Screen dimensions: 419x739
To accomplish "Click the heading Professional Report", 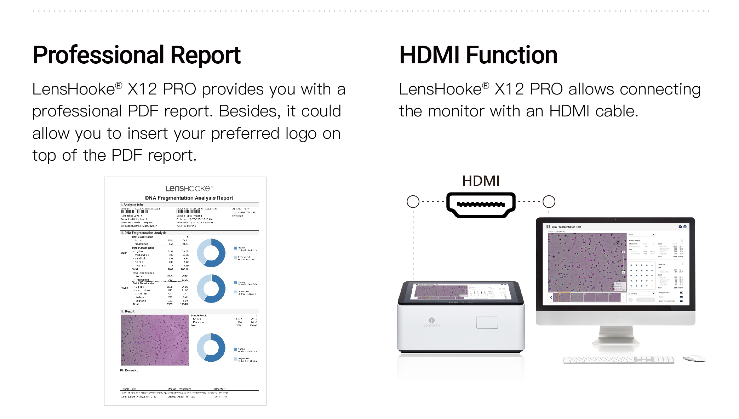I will click(x=136, y=56).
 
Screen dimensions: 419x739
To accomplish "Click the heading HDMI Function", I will click(x=478, y=56).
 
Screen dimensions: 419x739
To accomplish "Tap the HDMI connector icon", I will click(x=481, y=205).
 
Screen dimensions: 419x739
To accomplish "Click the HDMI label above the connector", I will click(x=481, y=181).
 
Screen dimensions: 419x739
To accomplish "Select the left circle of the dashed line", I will click(x=413, y=202).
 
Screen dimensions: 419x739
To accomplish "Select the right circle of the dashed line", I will click(x=549, y=202).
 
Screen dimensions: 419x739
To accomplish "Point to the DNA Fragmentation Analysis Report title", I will click(x=189, y=198).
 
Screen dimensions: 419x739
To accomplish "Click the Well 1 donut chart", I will click(x=211, y=253).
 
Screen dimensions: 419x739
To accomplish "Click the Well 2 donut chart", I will click(x=211, y=288).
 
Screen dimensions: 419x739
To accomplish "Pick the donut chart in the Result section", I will click(x=211, y=347).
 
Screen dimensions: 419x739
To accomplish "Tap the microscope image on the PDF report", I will click(x=154, y=340).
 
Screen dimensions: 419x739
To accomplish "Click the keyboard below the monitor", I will click(x=618, y=360).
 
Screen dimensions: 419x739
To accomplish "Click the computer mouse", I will click(x=694, y=358).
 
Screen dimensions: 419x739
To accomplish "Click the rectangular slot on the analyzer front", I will click(x=487, y=322).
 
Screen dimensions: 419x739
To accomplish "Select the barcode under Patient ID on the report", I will click(x=135, y=212).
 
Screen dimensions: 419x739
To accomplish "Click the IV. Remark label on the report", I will click(x=129, y=370).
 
